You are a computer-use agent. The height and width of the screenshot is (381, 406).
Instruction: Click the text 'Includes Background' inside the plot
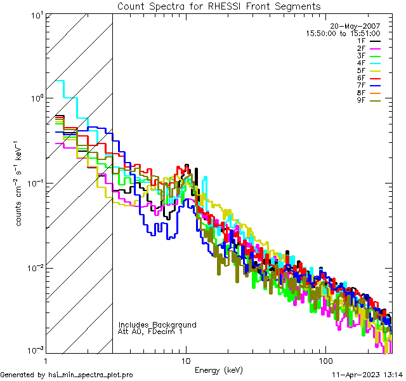[157, 324]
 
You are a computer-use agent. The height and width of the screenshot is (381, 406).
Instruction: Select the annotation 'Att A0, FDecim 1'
[150, 331]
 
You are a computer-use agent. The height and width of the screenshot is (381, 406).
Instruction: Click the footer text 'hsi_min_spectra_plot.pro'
[91, 375]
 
